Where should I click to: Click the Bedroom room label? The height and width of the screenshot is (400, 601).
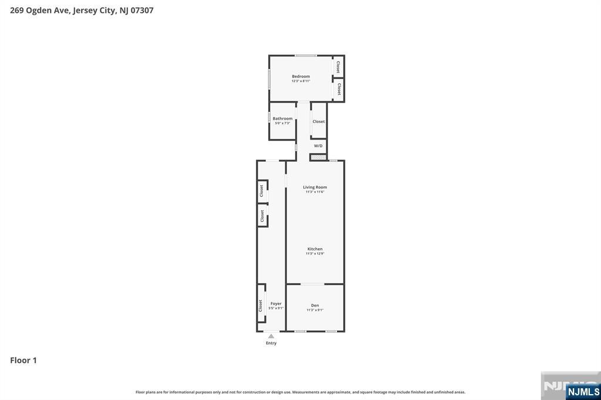tap(300, 76)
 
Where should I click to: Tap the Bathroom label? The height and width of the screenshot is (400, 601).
tap(282, 118)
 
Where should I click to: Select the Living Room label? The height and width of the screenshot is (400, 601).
tap(315, 187)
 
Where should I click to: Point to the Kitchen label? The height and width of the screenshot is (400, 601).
tap(315, 249)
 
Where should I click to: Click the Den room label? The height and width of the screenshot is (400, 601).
tap(315, 306)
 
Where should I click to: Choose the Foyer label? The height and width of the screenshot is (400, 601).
tap(276, 304)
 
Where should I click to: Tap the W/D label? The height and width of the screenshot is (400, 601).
tap(318, 146)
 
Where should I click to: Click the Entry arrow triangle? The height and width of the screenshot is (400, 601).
tap(271, 337)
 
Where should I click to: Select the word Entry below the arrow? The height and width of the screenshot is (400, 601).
tap(271, 343)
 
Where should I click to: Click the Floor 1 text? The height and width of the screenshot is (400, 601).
tap(23, 360)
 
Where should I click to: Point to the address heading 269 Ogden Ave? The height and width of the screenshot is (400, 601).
tap(82, 10)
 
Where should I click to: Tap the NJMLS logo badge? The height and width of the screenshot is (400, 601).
tap(583, 392)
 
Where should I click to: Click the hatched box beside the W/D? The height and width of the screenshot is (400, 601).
tap(318, 157)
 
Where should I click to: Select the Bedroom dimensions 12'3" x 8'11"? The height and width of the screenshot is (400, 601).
tap(300, 81)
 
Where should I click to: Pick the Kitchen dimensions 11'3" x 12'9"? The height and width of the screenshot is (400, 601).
tap(315, 253)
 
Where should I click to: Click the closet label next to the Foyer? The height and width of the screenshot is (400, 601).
tap(261, 306)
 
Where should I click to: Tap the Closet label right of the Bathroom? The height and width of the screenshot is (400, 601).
tap(318, 121)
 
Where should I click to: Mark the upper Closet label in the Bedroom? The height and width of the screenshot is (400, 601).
tap(338, 66)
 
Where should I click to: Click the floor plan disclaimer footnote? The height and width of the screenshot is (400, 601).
tap(300, 392)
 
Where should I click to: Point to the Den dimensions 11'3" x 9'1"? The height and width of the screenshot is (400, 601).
tap(315, 310)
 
